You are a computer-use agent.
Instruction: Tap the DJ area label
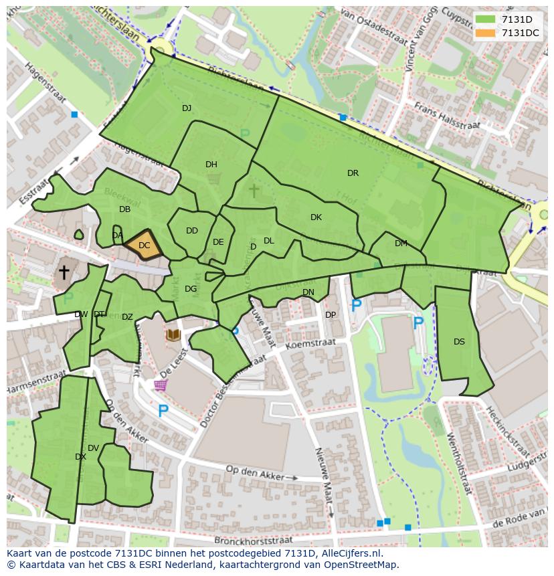(187, 108)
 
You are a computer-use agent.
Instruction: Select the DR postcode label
(353, 173)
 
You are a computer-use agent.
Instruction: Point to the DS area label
(459, 342)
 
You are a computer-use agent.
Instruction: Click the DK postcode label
(316, 217)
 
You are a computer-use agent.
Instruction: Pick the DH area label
(211, 165)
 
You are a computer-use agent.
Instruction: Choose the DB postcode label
(124, 209)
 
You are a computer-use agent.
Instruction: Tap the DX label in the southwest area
(80, 457)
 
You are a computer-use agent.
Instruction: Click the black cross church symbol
(64, 272)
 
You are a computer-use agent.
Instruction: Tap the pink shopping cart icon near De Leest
(161, 385)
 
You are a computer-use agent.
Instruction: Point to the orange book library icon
(174, 334)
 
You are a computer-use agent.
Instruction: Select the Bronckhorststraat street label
(254, 539)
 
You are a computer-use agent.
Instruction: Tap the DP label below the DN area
(331, 315)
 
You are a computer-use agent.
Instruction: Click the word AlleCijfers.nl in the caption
(354, 553)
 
